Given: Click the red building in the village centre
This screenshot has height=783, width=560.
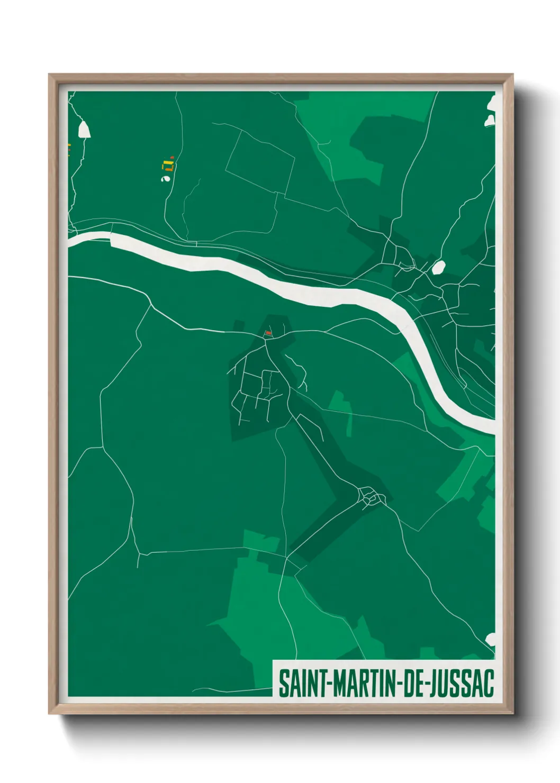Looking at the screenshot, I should click(x=268, y=333).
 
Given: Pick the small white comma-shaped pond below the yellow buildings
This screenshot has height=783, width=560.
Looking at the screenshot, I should click(x=165, y=179).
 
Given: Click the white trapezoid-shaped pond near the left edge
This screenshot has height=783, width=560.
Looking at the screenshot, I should click(x=84, y=130).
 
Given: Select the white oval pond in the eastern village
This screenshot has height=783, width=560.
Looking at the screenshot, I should click(x=438, y=268).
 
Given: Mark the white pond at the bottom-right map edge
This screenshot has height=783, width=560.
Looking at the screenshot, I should click(x=491, y=639).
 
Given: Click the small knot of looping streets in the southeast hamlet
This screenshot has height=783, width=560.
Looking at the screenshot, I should click(x=372, y=497).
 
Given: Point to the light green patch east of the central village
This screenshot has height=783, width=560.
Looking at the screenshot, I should click(x=341, y=407).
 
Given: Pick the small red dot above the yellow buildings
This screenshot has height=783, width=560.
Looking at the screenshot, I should click(x=173, y=157).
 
